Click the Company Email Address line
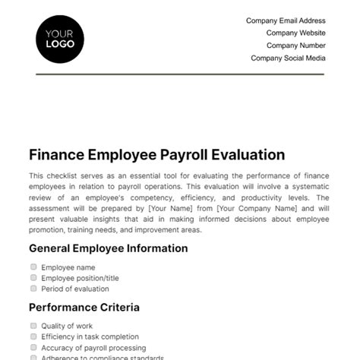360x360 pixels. [286, 21]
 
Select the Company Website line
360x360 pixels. [295, 33]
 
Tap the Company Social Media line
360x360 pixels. [288, 58]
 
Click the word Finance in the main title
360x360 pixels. [56, 155]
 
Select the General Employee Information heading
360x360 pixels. [108, 248]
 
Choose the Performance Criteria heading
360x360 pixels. [84, 308]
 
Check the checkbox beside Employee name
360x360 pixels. [33, 267]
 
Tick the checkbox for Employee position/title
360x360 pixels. [33, 278]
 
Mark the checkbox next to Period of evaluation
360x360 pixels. [33, 289]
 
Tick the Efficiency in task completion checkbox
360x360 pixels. [33, 336]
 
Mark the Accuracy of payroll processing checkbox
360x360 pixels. [33, 347]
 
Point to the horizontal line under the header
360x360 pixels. [180, 74]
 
